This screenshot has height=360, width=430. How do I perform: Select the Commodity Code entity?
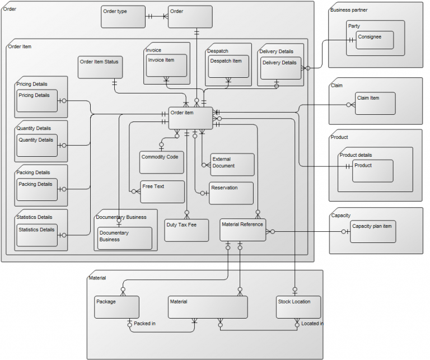[162, 162]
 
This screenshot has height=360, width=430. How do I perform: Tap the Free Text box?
[162, 191]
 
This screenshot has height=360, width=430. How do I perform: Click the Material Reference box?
[242, 230]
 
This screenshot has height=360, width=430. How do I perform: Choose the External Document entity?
[232, 165]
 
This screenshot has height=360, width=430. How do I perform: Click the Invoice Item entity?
[166, 66]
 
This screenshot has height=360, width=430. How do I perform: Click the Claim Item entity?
[375, 104]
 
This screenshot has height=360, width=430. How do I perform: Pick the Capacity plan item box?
[372, 231]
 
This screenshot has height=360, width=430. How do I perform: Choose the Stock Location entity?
[298, 307]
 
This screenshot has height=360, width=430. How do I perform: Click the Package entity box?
[116, 307]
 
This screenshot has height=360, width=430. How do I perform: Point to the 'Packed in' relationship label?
[145, 324]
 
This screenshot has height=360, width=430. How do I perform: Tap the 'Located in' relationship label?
[312, 324]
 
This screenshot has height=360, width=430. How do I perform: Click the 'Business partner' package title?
[349, 10]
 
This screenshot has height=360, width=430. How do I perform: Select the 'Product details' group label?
[356, 155]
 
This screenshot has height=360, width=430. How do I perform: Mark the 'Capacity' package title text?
[341, 216]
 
